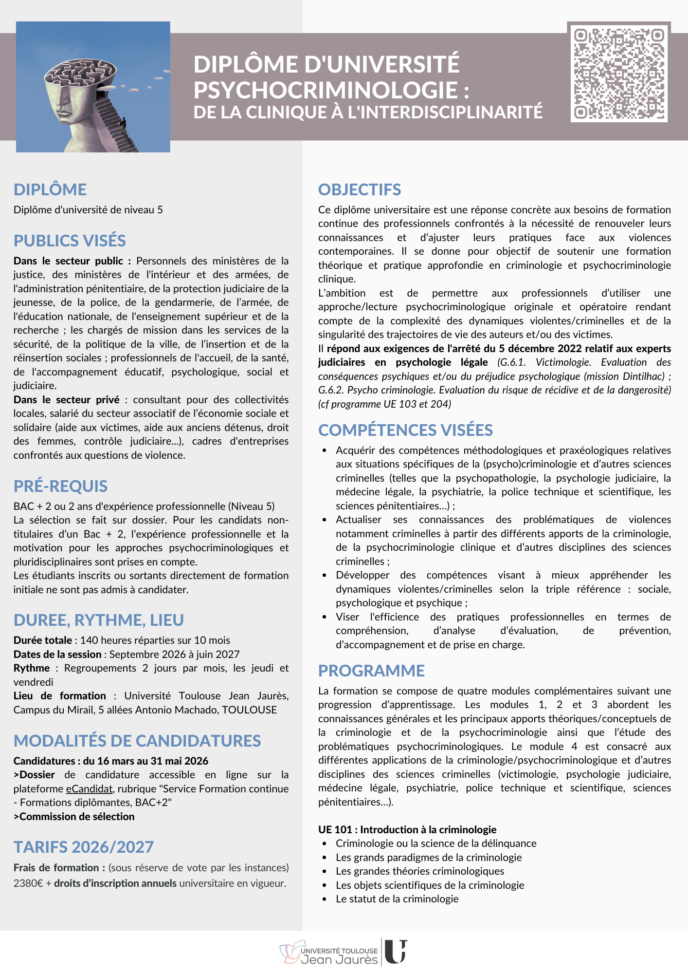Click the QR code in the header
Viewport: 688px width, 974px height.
point(619,72)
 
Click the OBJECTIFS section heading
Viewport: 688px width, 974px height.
point(360,189)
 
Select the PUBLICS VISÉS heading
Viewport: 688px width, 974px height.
point(70,241)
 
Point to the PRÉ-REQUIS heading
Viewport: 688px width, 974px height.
point(60,486)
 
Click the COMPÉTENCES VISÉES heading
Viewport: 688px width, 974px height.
point(405,430)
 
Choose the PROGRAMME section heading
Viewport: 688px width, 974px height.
point(371,671)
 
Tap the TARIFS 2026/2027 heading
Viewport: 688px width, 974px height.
point(84,847)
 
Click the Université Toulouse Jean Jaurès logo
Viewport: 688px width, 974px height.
point(344,953)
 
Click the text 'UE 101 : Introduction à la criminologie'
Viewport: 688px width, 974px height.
point(407,829)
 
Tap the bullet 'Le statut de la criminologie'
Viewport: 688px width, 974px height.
point(397,899)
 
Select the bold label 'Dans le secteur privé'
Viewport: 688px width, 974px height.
point(66,399)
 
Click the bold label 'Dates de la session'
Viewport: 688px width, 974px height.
point(57,654)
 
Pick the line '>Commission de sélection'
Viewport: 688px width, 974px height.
point(74,816)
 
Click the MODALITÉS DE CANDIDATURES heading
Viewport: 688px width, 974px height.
point(137,741)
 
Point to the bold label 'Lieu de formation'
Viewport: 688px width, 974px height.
point(59,695)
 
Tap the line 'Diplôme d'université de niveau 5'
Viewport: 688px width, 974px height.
point(88,210)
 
